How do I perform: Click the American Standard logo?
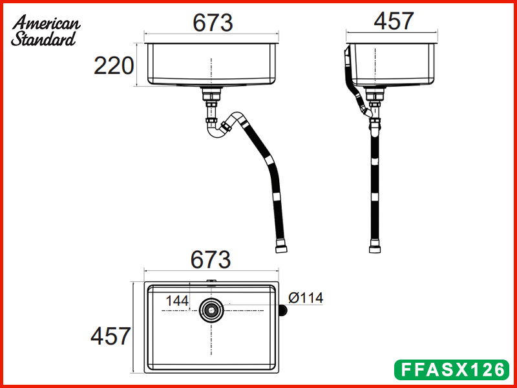(x=45, y=30)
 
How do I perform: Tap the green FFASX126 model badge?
(x=451, y=369)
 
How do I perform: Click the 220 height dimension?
(x=114, y=66)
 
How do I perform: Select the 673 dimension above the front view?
(x=213, y=23)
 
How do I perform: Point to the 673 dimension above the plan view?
(x=211, y=260)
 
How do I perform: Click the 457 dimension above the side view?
(x=394, y=21)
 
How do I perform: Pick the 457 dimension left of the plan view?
(x=111, y=336)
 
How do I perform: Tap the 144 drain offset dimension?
(x=177, y=301)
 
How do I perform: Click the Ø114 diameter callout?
(x=306, y=298)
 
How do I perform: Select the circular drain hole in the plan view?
(x=211, y=310)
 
